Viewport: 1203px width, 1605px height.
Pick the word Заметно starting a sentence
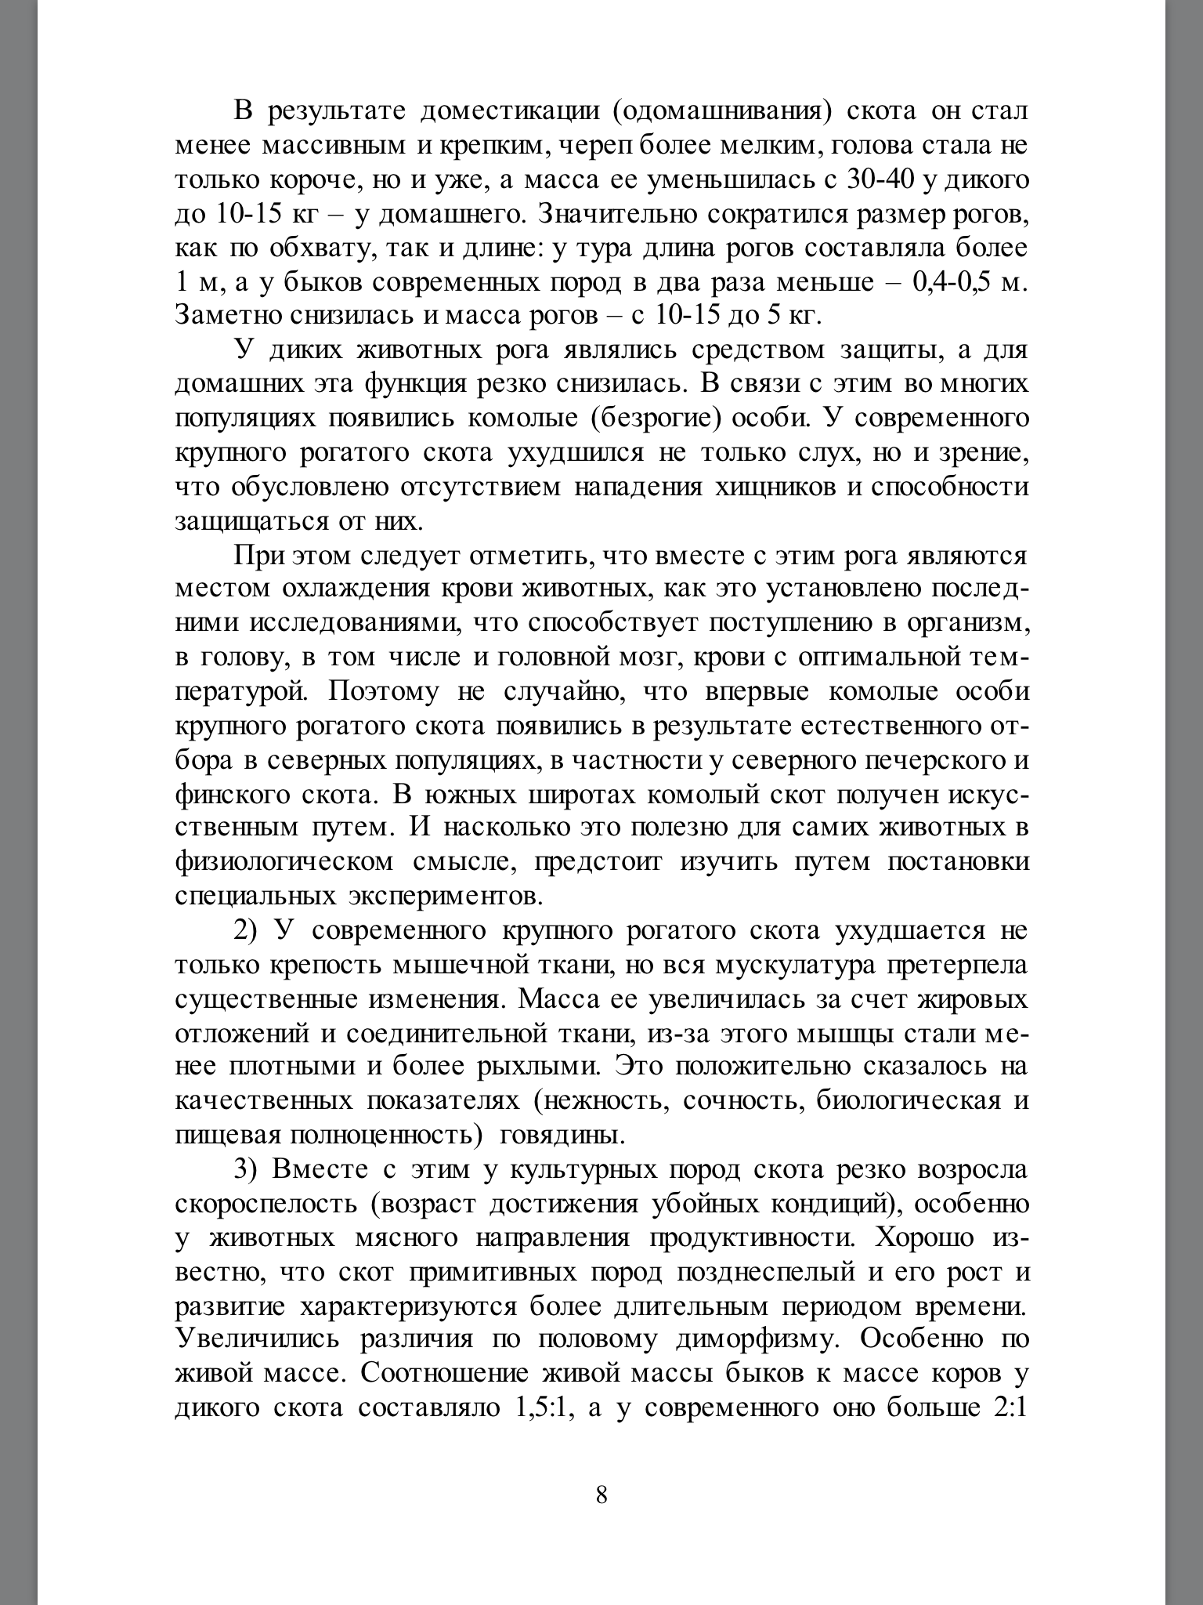click(x=228, y=316)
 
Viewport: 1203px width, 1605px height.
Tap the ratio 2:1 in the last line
click(x=1010, y=1407)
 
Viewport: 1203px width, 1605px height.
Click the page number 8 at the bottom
click(x=601, y=1494)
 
